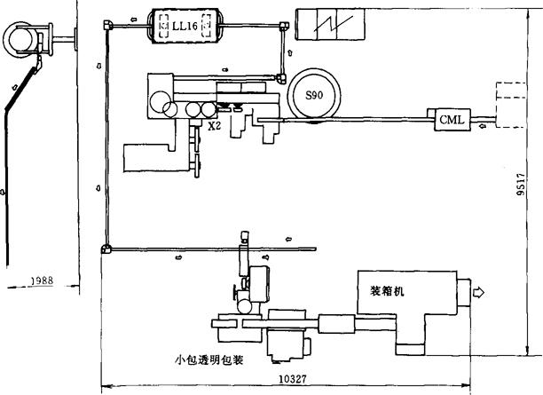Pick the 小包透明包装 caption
(x=209, y=360)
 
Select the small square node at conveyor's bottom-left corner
(x=106, y=249)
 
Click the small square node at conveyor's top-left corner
(x=107, y=27)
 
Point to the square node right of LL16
(x=283, y=28)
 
